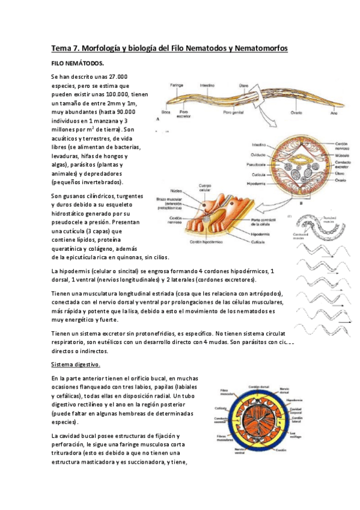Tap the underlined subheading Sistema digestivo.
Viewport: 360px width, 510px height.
75,364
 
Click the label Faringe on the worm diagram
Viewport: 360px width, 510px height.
176,85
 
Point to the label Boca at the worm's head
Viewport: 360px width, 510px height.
165,112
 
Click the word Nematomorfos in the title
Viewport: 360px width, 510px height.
258,48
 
